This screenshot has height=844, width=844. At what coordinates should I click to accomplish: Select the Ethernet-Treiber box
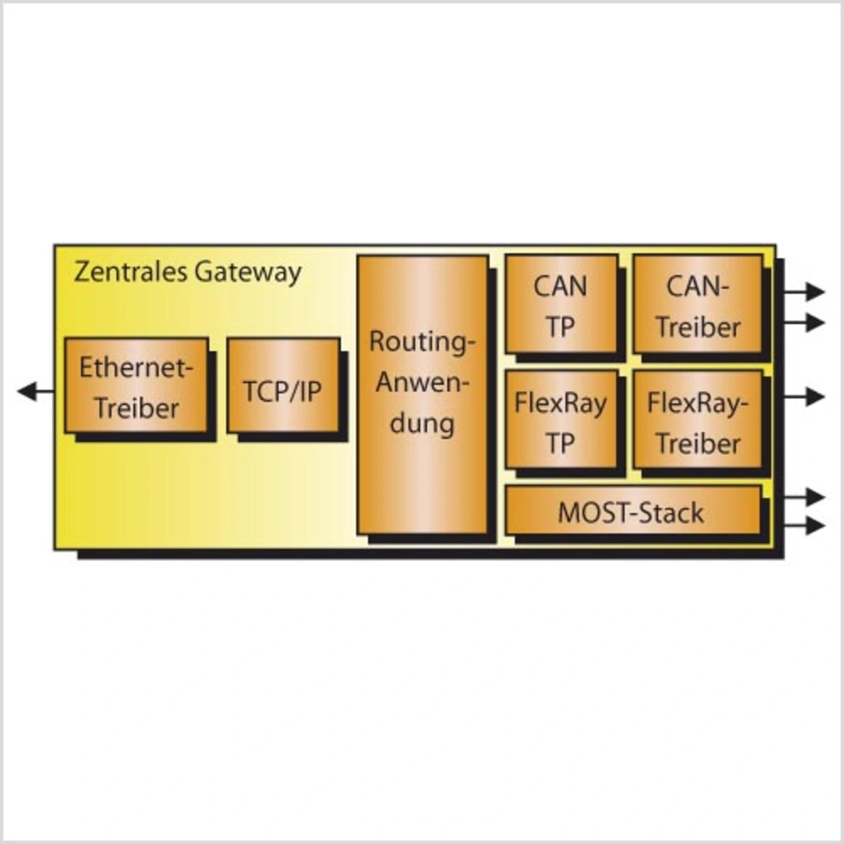[136, 386]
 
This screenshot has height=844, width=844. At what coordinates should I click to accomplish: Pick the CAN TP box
[561, 305]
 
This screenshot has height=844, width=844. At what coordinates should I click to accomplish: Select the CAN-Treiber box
[698, 305]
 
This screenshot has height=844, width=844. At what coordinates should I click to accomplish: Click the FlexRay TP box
[561, 420]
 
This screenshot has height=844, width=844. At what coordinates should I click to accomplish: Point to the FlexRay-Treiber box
[698, 420]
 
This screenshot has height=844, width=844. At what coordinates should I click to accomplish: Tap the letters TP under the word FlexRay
[560, 443]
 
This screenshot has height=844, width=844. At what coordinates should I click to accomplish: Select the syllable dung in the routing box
[422, 423]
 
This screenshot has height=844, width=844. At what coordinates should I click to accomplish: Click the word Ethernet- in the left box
[136, 367]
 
